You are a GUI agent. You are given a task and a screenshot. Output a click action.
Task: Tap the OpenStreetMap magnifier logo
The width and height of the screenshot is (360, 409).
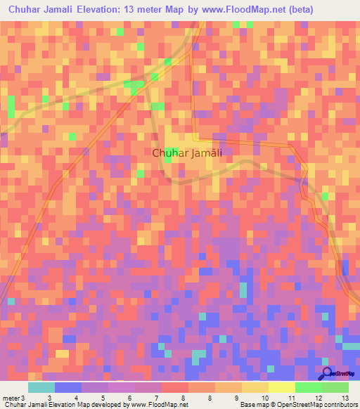pos(327,374)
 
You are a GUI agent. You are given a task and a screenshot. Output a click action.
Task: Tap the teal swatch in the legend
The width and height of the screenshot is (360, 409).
pos(41,387)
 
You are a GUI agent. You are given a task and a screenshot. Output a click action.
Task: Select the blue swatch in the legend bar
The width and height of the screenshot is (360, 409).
pos(68,387)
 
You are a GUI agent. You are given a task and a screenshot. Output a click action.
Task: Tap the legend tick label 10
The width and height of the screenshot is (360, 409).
pos(264,398)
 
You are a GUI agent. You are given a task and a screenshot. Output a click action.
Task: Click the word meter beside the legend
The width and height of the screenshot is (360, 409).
pos(8,398)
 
